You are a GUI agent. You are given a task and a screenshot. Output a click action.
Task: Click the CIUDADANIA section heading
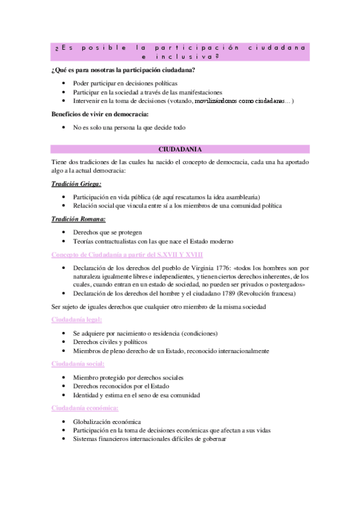(180, 149)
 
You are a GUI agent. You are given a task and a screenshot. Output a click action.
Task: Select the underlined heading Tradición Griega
(76, 184)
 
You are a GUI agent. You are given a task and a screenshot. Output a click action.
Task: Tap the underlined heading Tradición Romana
(78, 219)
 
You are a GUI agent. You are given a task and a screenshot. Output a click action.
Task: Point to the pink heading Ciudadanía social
(78, 364)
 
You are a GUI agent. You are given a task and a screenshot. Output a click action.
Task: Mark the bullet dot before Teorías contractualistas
(64, 241)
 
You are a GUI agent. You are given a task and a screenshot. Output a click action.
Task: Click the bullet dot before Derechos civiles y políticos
(64, 342)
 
